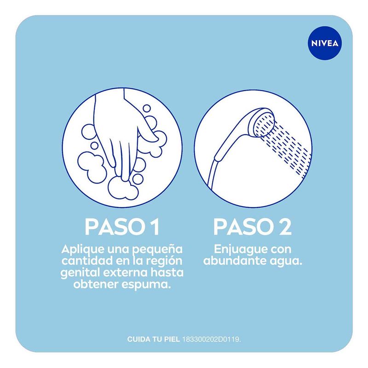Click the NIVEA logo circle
point(325,43)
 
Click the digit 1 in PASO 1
point(155,227)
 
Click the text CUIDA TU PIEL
point(153,339)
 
